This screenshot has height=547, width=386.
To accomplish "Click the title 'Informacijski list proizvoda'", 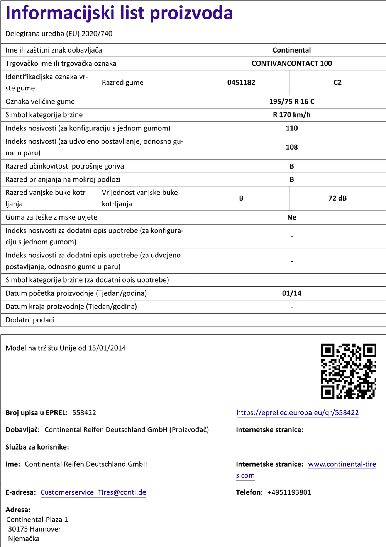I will pos(119,13).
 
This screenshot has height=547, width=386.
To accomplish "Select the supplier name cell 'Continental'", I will pos(291,50).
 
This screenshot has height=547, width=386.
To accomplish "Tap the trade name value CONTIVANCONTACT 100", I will pos(291,63).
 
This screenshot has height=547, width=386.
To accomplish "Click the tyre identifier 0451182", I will pos(241,82).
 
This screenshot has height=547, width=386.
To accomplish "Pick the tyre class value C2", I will pos(337,82).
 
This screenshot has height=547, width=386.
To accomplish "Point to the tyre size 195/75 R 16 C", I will pos(291,102).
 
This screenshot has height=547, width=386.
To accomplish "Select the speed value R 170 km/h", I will pos(291,115).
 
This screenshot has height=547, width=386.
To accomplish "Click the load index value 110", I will pos(291,128).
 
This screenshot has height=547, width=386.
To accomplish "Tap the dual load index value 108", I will pos(291,147).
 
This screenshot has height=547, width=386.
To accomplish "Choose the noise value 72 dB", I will pos(337,198).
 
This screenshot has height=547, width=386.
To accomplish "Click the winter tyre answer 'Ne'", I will pos(291,217).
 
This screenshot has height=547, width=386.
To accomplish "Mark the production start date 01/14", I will pos(291,293).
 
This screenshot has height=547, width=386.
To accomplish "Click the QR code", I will pos(349,371).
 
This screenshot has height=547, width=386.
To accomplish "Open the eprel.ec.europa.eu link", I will pos(298,413).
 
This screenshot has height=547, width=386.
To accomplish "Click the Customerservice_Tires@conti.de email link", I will pos(93,492).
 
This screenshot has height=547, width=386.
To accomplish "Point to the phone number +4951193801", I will pos(289,492).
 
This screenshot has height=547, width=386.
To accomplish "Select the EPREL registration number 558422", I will pos(84,413).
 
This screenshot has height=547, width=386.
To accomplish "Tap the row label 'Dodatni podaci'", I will pos(30,320).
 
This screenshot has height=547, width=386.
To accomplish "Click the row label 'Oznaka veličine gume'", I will pos(40,102).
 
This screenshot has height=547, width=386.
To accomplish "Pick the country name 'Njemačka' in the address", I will pos(24,539).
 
